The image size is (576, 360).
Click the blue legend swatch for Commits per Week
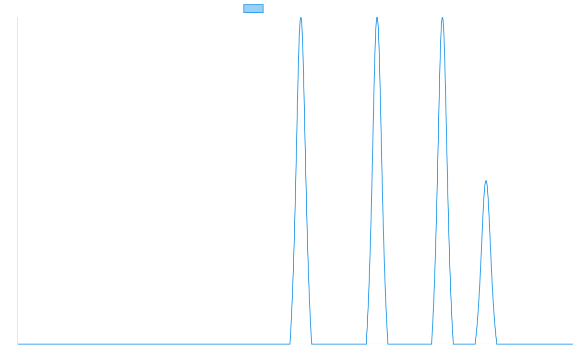click(253, 9)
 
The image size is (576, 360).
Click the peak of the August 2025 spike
click(301, 18)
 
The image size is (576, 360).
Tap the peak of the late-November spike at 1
click(486, 181)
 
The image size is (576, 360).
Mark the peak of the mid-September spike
click(377, 18)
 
